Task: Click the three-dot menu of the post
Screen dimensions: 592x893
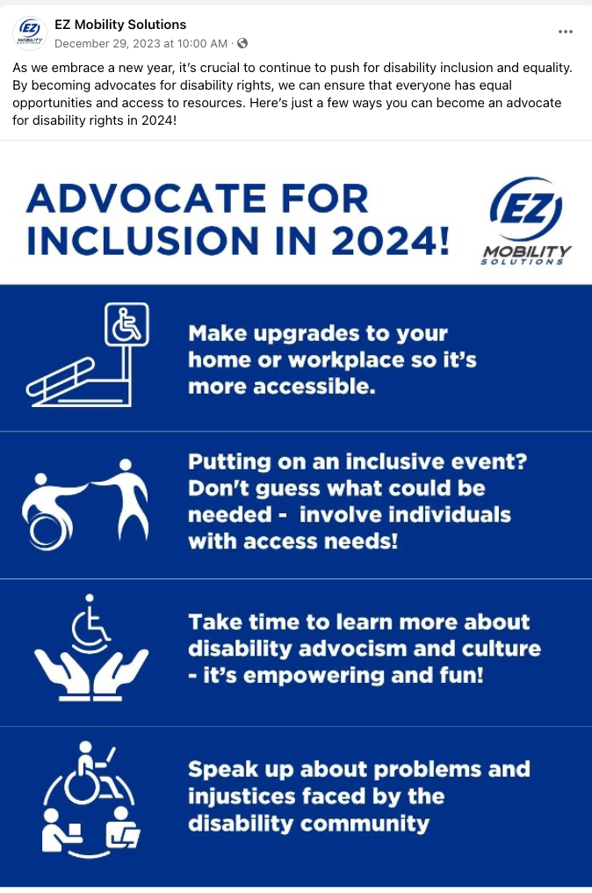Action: pyautogui.click(x=566, y=32)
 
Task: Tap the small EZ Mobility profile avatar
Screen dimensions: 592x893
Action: pyautogui.click(x=30, y=33)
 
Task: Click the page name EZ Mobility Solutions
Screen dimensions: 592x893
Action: pyautogui.click(x=120, y=25)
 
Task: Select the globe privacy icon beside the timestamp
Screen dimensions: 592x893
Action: pyautogui.click(x=242, y=43)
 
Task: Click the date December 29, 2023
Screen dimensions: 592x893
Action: pyautogui.click(x=107, y=43)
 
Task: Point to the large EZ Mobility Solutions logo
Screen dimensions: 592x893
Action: pyautogui.click(x=526, y=221)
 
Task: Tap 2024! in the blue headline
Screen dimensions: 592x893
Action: pyautogui.click(x=391, y=240)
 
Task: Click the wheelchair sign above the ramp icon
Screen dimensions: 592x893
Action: pyautogui.click(x=126, y=324)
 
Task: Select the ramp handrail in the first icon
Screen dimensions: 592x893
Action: pyautogui.click(x=61, y=376)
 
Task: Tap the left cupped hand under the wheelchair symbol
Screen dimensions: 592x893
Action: pyautogui.click(x=63, y=674)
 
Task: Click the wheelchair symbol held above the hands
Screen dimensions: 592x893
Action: pyautogui.click(x=90, y=624)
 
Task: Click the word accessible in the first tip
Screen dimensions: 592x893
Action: pyautogui.click(x=314, y=387)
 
